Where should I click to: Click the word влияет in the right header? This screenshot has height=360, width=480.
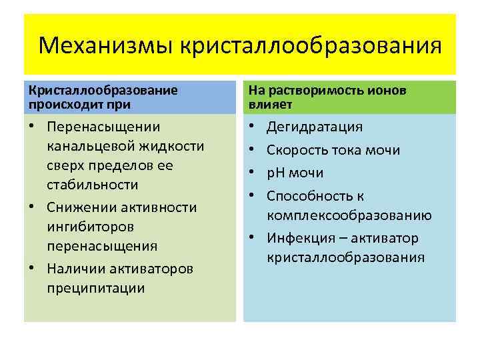click(267, 105)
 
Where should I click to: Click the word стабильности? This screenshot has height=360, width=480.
click(93, 184)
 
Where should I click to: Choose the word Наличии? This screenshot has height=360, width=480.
click(77, 269)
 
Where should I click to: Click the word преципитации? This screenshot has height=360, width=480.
click(96, 288)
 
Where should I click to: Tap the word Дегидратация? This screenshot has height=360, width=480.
click(315, 127)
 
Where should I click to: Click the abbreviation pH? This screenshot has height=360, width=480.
click(276, 173)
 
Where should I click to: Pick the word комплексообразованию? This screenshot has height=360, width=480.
click(349, 215)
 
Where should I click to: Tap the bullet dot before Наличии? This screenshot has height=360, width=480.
click(32, 269)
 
